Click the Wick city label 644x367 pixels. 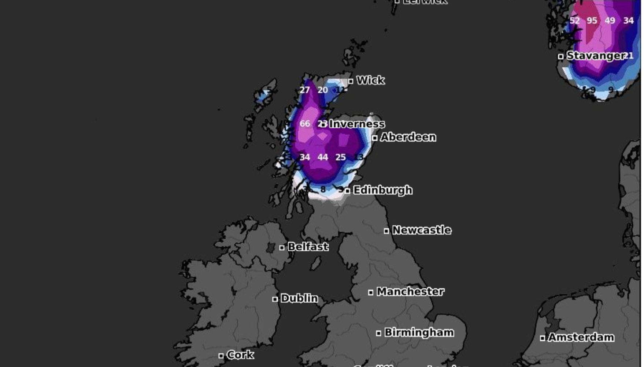(370, 80)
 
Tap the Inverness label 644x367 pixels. (357, 124)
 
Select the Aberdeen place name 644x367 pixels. (408, 137)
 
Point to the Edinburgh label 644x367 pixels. (382, 190)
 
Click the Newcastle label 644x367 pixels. (422, 230)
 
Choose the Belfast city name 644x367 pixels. (308, 247)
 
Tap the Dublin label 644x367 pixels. (299, 299)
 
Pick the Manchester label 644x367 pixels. (410, 292)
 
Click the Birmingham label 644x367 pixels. (419, 333)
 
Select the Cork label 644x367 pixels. (240, 355)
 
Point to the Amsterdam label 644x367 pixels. (581, 337)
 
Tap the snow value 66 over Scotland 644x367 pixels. (305, 124)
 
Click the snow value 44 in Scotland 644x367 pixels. (323, 157)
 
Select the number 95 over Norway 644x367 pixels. (592, 21)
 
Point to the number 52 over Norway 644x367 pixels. (574, 21)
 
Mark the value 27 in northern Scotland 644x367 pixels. (305, 90)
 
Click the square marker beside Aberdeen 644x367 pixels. (375, 138)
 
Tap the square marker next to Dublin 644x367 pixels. (275, 299)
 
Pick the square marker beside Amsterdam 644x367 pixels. (543, 338)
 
